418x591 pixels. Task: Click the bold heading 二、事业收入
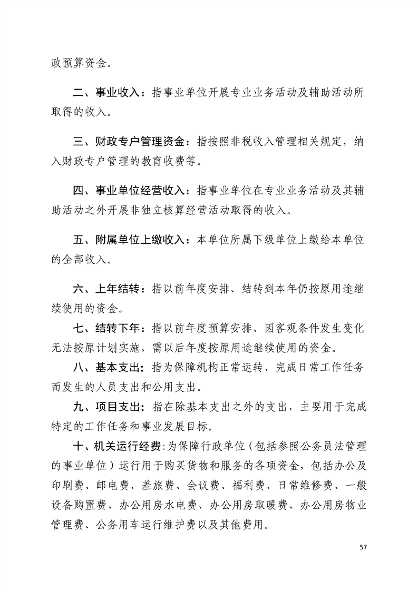click(x=106, y=93)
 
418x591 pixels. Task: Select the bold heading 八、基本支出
click(x=106, y=366)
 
